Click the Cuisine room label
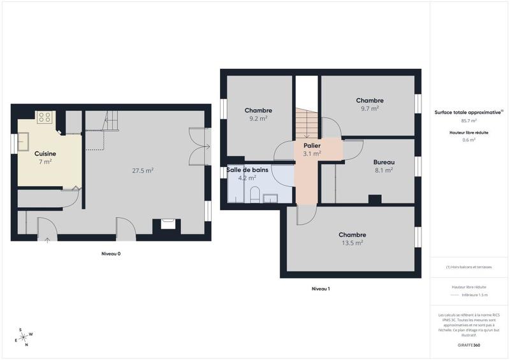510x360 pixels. pos(45,154)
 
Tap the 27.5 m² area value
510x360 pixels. pos(142,170)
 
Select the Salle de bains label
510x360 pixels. pos(246,169)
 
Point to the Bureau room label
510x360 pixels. pos(383,162)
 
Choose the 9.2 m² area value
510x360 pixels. pos(258,119)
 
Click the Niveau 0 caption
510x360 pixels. pos(111,254)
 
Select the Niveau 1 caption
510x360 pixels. pos(320,289)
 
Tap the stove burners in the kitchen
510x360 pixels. pos(45,117)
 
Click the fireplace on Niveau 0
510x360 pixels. pos(168,224)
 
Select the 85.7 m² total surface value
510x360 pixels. pos(469,120)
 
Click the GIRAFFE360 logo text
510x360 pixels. pos(469,344)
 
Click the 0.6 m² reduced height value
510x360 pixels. pos(469,140)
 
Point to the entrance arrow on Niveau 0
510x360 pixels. pos(48,240)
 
